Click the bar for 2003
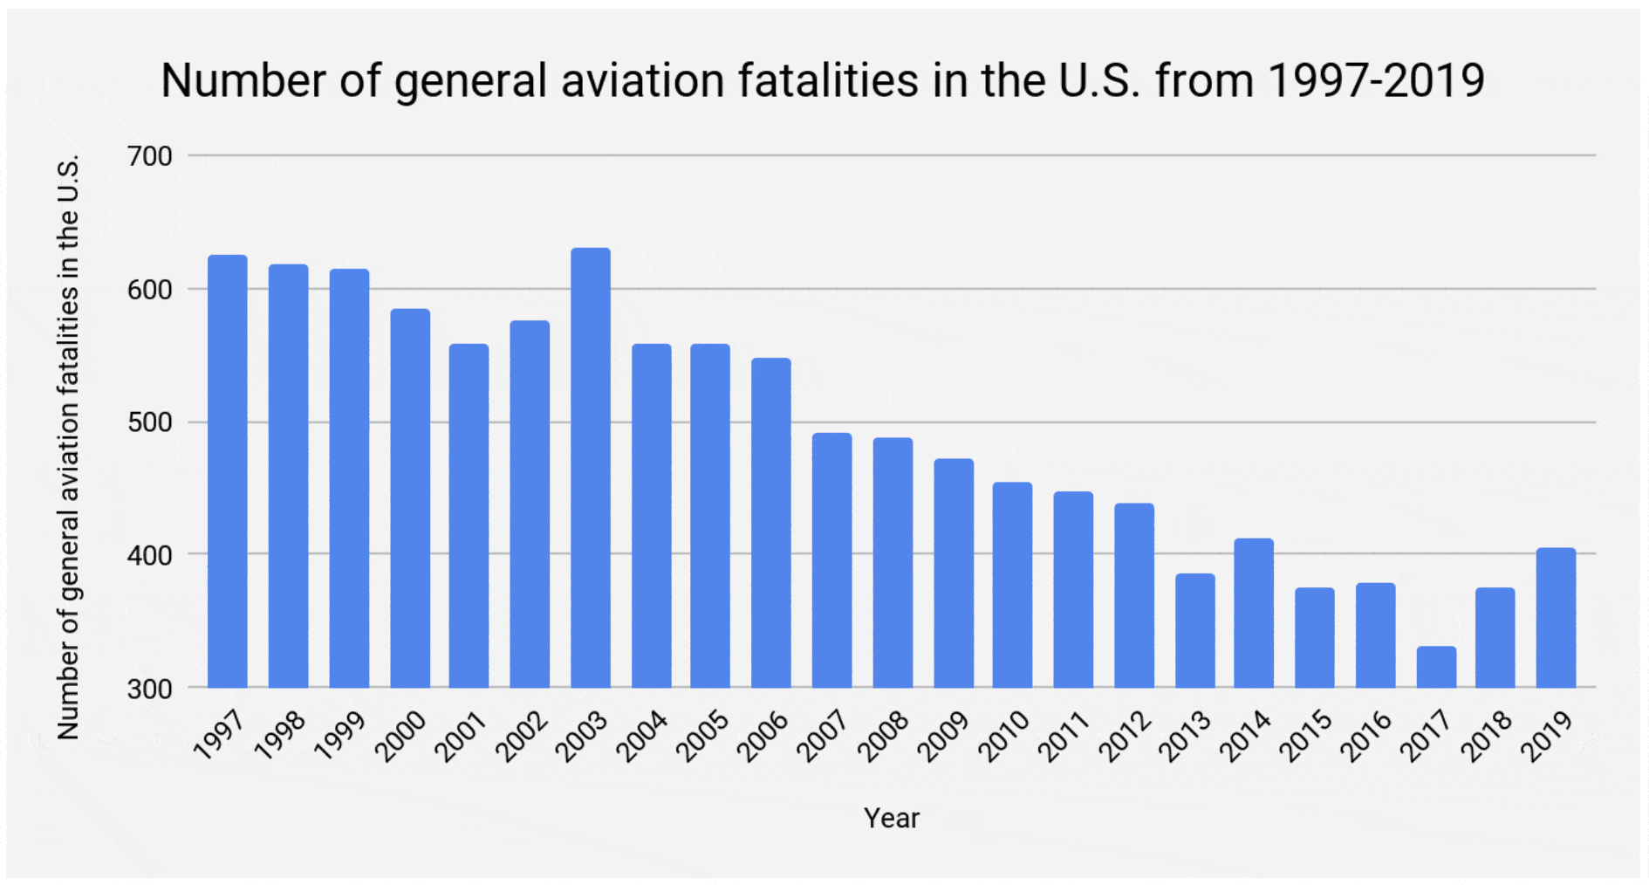pyautogui.click(x=591, y=468)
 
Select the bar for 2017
pyautogui.click(x=1436, y=667)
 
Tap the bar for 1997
pyautogui.click(x=228, y=471)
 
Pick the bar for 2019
pyautogui.click(x=1556, y=618)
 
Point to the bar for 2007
pyautogui.click(x=831, y=560)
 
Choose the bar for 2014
pyautogui.click(x=1254, y=613)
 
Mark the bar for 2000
pyautogui.click(x=410, y=498)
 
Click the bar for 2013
pyautogui.click(x=1194, y=630)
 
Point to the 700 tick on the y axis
pyautogui.click(x=150, y=157)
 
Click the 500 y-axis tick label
pyautogui.click(x=150, y=422)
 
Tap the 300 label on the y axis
pyautogui.click(x=150, y=689)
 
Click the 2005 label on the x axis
pyautogui.click(x=703, y=735)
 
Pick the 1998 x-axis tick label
pyautogui.click(x=281, y=735)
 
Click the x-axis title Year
pyautogui.click(x=891, y=818)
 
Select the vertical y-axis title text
pyautogui.click(x=68, y=447)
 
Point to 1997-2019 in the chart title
pyautogui.click(x=1376, y=81)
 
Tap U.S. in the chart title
pyautogui.click(x=1099, y=81)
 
